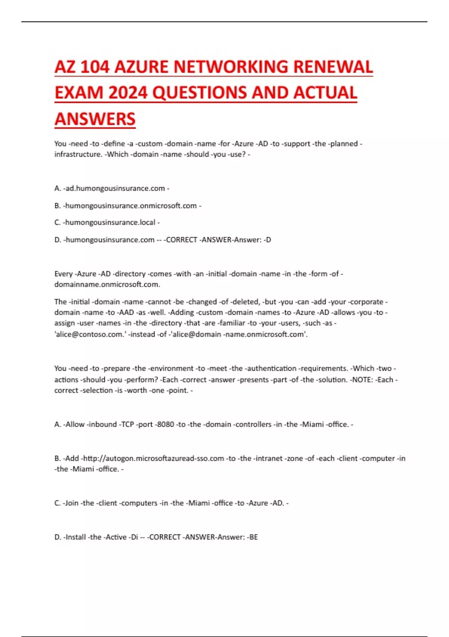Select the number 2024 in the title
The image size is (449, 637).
click(128, 93)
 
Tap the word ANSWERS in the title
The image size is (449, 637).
click(95, 119)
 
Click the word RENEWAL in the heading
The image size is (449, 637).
click(333, 67)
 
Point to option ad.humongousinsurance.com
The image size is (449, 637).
click(115, 188)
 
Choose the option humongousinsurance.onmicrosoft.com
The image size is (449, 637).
click(131, 206)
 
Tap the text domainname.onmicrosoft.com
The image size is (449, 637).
click(107, 284)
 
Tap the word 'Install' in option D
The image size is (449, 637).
click(76, 537)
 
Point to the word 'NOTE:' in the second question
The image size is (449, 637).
click(362, 380)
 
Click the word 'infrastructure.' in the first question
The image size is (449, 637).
click(78, 154)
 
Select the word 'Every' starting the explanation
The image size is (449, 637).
click(63, 274)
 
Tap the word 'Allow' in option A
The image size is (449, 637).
click(75, 425)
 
